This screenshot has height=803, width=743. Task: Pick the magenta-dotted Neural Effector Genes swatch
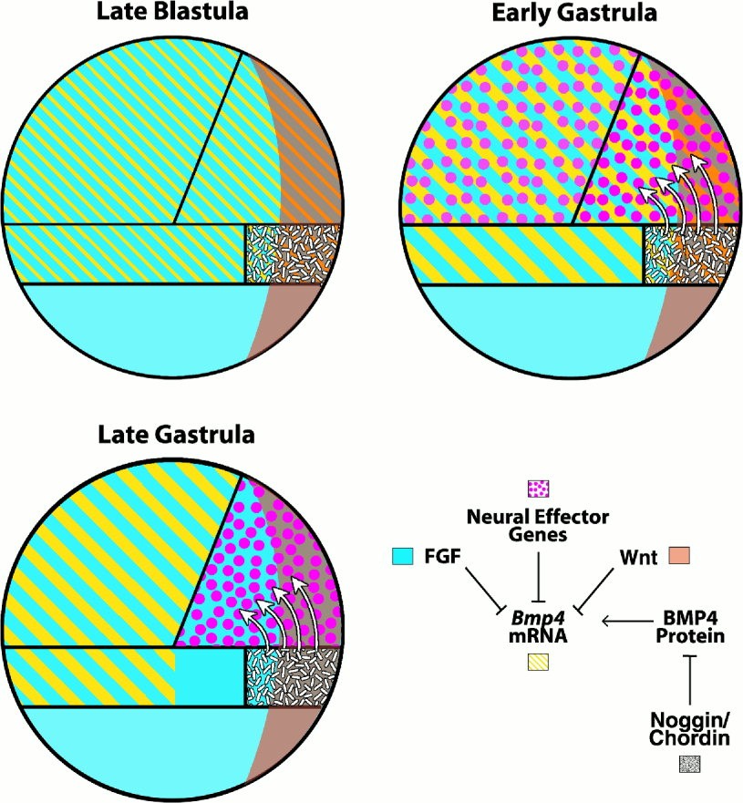pyautogui.click(x=540, y=489)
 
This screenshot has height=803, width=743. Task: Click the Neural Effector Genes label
pyautogui.click(x=540, y=526)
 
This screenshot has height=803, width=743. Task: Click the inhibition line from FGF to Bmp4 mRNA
pyautogui.click(x=484, y=590)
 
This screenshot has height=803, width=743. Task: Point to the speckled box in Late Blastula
pyautogui.click(x=292, y=253)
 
